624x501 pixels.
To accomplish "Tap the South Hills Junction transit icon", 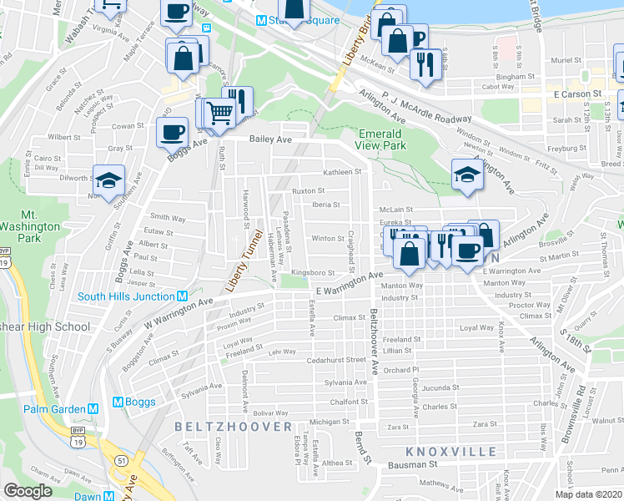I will pos(182,296).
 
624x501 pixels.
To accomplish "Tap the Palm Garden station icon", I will pos(93,409).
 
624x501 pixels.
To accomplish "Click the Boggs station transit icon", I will pos(118,402).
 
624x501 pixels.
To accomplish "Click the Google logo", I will pos(28,491).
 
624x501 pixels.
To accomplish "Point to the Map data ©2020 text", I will pos(588,494).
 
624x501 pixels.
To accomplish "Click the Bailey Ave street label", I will pos(272,140).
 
